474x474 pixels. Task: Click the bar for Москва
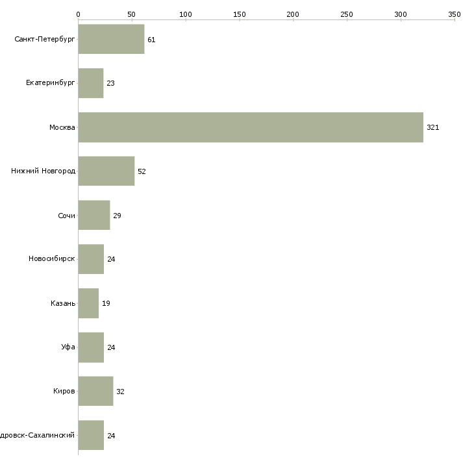(x=251, y=127)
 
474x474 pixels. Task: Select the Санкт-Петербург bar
(x=111, y=40)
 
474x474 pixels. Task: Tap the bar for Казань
(x=88, y=303)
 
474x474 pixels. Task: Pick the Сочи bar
(x=94, y=215)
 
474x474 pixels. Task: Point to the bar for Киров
(x=95, y=392)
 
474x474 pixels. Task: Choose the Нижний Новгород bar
(x=106, y=171)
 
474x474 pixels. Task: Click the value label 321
(x=433, y=128)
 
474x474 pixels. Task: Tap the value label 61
(x=151, y=40)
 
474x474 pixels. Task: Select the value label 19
(x=106, y=304)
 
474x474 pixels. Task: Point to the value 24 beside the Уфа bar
(x=111, y=348)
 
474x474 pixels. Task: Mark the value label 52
(x=142, y=172)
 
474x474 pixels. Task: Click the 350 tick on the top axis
(x=455, y=14)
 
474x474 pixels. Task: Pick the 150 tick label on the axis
(x=239, y=14)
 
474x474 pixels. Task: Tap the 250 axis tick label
(x=347, y=14)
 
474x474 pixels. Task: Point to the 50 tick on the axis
(x=132, y=14)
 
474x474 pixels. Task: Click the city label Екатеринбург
(x=51, y=84)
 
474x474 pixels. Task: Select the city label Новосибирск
(x=52, y=260)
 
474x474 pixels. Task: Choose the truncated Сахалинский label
(x=38, y=436)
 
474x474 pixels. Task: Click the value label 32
(x=120, y=392)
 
